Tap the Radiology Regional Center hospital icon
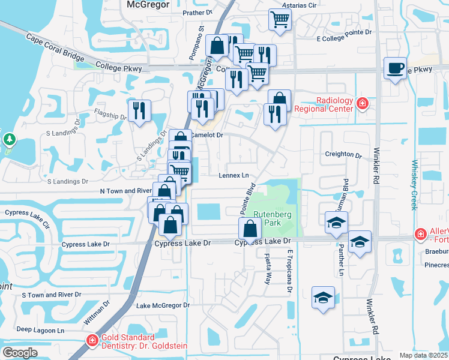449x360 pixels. (362, 104)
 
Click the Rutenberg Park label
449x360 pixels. (268, 218)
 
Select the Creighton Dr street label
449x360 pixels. (343, 154)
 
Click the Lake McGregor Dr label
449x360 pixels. (163, 305)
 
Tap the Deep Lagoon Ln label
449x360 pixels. (40, 330)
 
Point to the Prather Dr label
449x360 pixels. (198, 11)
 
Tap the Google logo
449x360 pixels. (20, 352)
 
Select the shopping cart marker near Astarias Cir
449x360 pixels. (280, 20)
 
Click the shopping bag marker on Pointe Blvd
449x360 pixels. (249, 229)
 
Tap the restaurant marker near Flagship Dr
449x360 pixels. (139, 110)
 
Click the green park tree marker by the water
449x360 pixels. (9, 140)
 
